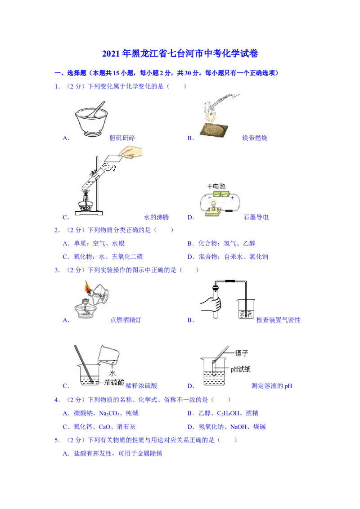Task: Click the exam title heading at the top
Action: [180, 53]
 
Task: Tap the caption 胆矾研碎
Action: [122, 138]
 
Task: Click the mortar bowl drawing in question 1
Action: [91, 119]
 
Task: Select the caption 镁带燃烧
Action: [255, 138]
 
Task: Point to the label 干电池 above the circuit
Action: [216, 186]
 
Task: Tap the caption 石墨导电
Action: [256, 217]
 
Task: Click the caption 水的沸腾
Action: [157, 217]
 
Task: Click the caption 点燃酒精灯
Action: [126, 320]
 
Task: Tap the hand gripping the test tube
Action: [211, 304]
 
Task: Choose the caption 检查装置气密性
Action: [279, 320]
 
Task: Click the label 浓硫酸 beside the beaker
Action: [114, 382]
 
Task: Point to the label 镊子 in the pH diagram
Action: [241, 353]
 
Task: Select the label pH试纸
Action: [240, 369]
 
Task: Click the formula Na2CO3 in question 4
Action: [109, 413]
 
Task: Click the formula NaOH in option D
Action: [238, 427]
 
